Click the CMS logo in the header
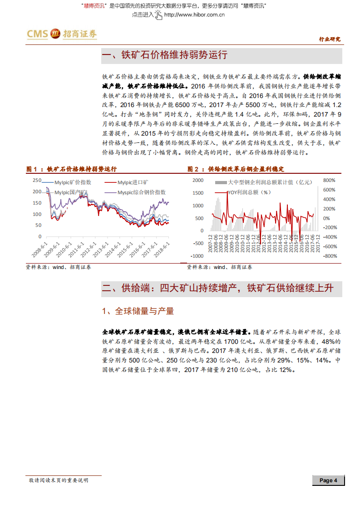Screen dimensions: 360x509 [x=61, y=34]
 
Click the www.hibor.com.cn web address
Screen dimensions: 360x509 [x=194, y=15]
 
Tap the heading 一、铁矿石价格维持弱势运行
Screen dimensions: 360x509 [x=165, y=56]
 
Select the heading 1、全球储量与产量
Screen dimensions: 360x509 [x=138, y=311]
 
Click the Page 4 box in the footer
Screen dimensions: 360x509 [x=328, y=480]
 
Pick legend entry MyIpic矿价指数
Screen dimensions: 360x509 [x=73, y=182]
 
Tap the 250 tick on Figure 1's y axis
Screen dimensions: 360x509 [x=37, y=180]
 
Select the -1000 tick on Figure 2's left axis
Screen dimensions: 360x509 [x=197, y=256]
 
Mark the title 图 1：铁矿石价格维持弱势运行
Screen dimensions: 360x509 [x=71, y=169]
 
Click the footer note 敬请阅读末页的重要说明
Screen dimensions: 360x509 [x=58, y=480]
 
